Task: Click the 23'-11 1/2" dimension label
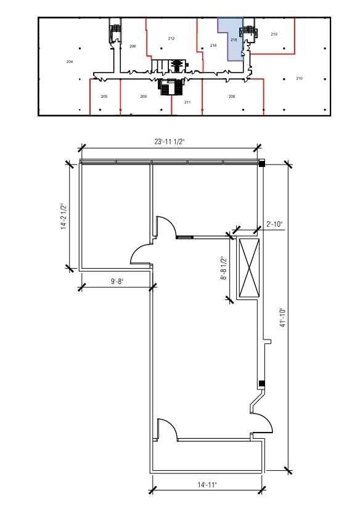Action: coord(169,142)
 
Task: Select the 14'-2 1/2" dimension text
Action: coord(64,216)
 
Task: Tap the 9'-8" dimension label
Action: coord(118,281)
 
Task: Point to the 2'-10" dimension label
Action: coord(275,224)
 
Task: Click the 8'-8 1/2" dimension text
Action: coord(224,268)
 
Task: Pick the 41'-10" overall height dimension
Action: coord(282,317)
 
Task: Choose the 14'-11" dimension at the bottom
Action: coord(207,485)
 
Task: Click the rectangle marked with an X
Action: coord(249,268)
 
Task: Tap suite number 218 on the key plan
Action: coord(234,40)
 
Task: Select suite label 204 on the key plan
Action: coord(70,62)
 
